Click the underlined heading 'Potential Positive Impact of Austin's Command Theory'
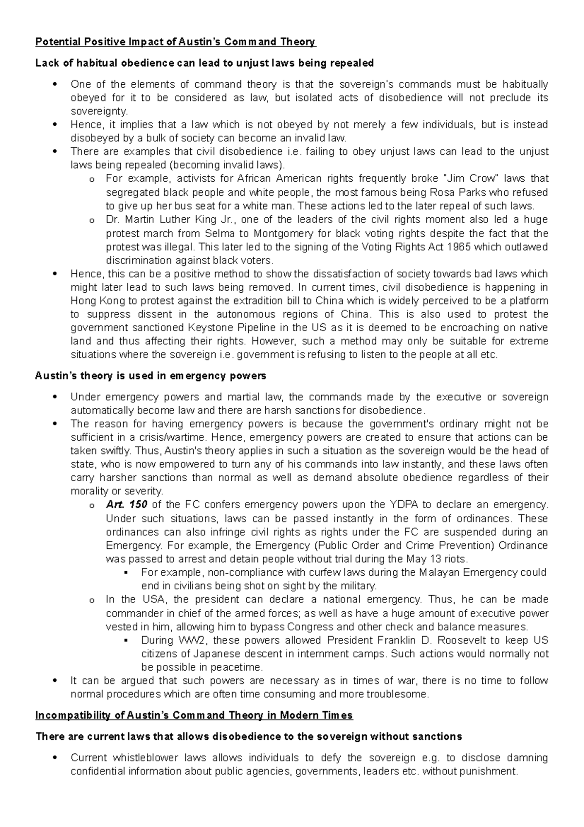[176, 42]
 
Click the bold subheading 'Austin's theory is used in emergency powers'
[151, 376]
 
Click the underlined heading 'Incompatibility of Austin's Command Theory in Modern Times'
[194, 715]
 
